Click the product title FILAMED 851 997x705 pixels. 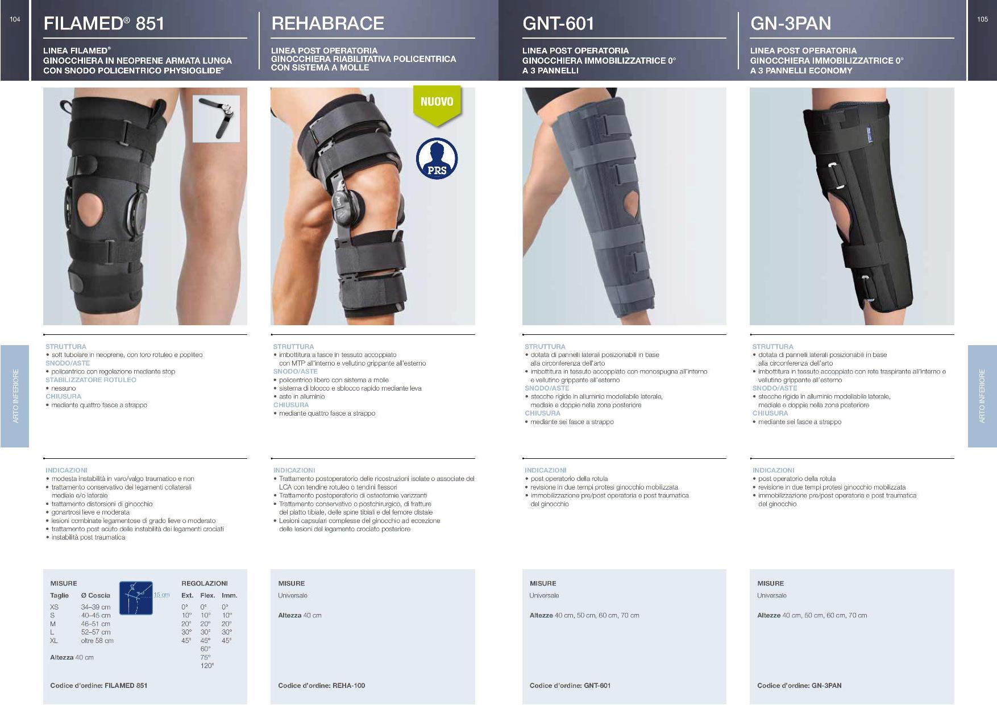pos(104,23)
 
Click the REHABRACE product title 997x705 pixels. pos(328,23)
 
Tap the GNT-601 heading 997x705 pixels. pos(558,23)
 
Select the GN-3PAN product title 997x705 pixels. pos(791,23)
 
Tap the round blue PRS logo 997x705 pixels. pos(437,158)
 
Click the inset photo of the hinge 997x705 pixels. pos(216,118)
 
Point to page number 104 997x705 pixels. pos(15,19)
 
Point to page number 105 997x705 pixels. pos(982,19)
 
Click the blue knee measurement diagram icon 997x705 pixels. pos(136,598)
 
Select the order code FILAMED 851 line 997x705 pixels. pos(99,686)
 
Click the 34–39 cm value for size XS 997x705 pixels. pos(95,607)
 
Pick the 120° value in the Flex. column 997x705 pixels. pos(207,666)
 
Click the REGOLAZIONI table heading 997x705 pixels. pos(205,583)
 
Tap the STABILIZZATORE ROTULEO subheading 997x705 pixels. pos(91,380)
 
